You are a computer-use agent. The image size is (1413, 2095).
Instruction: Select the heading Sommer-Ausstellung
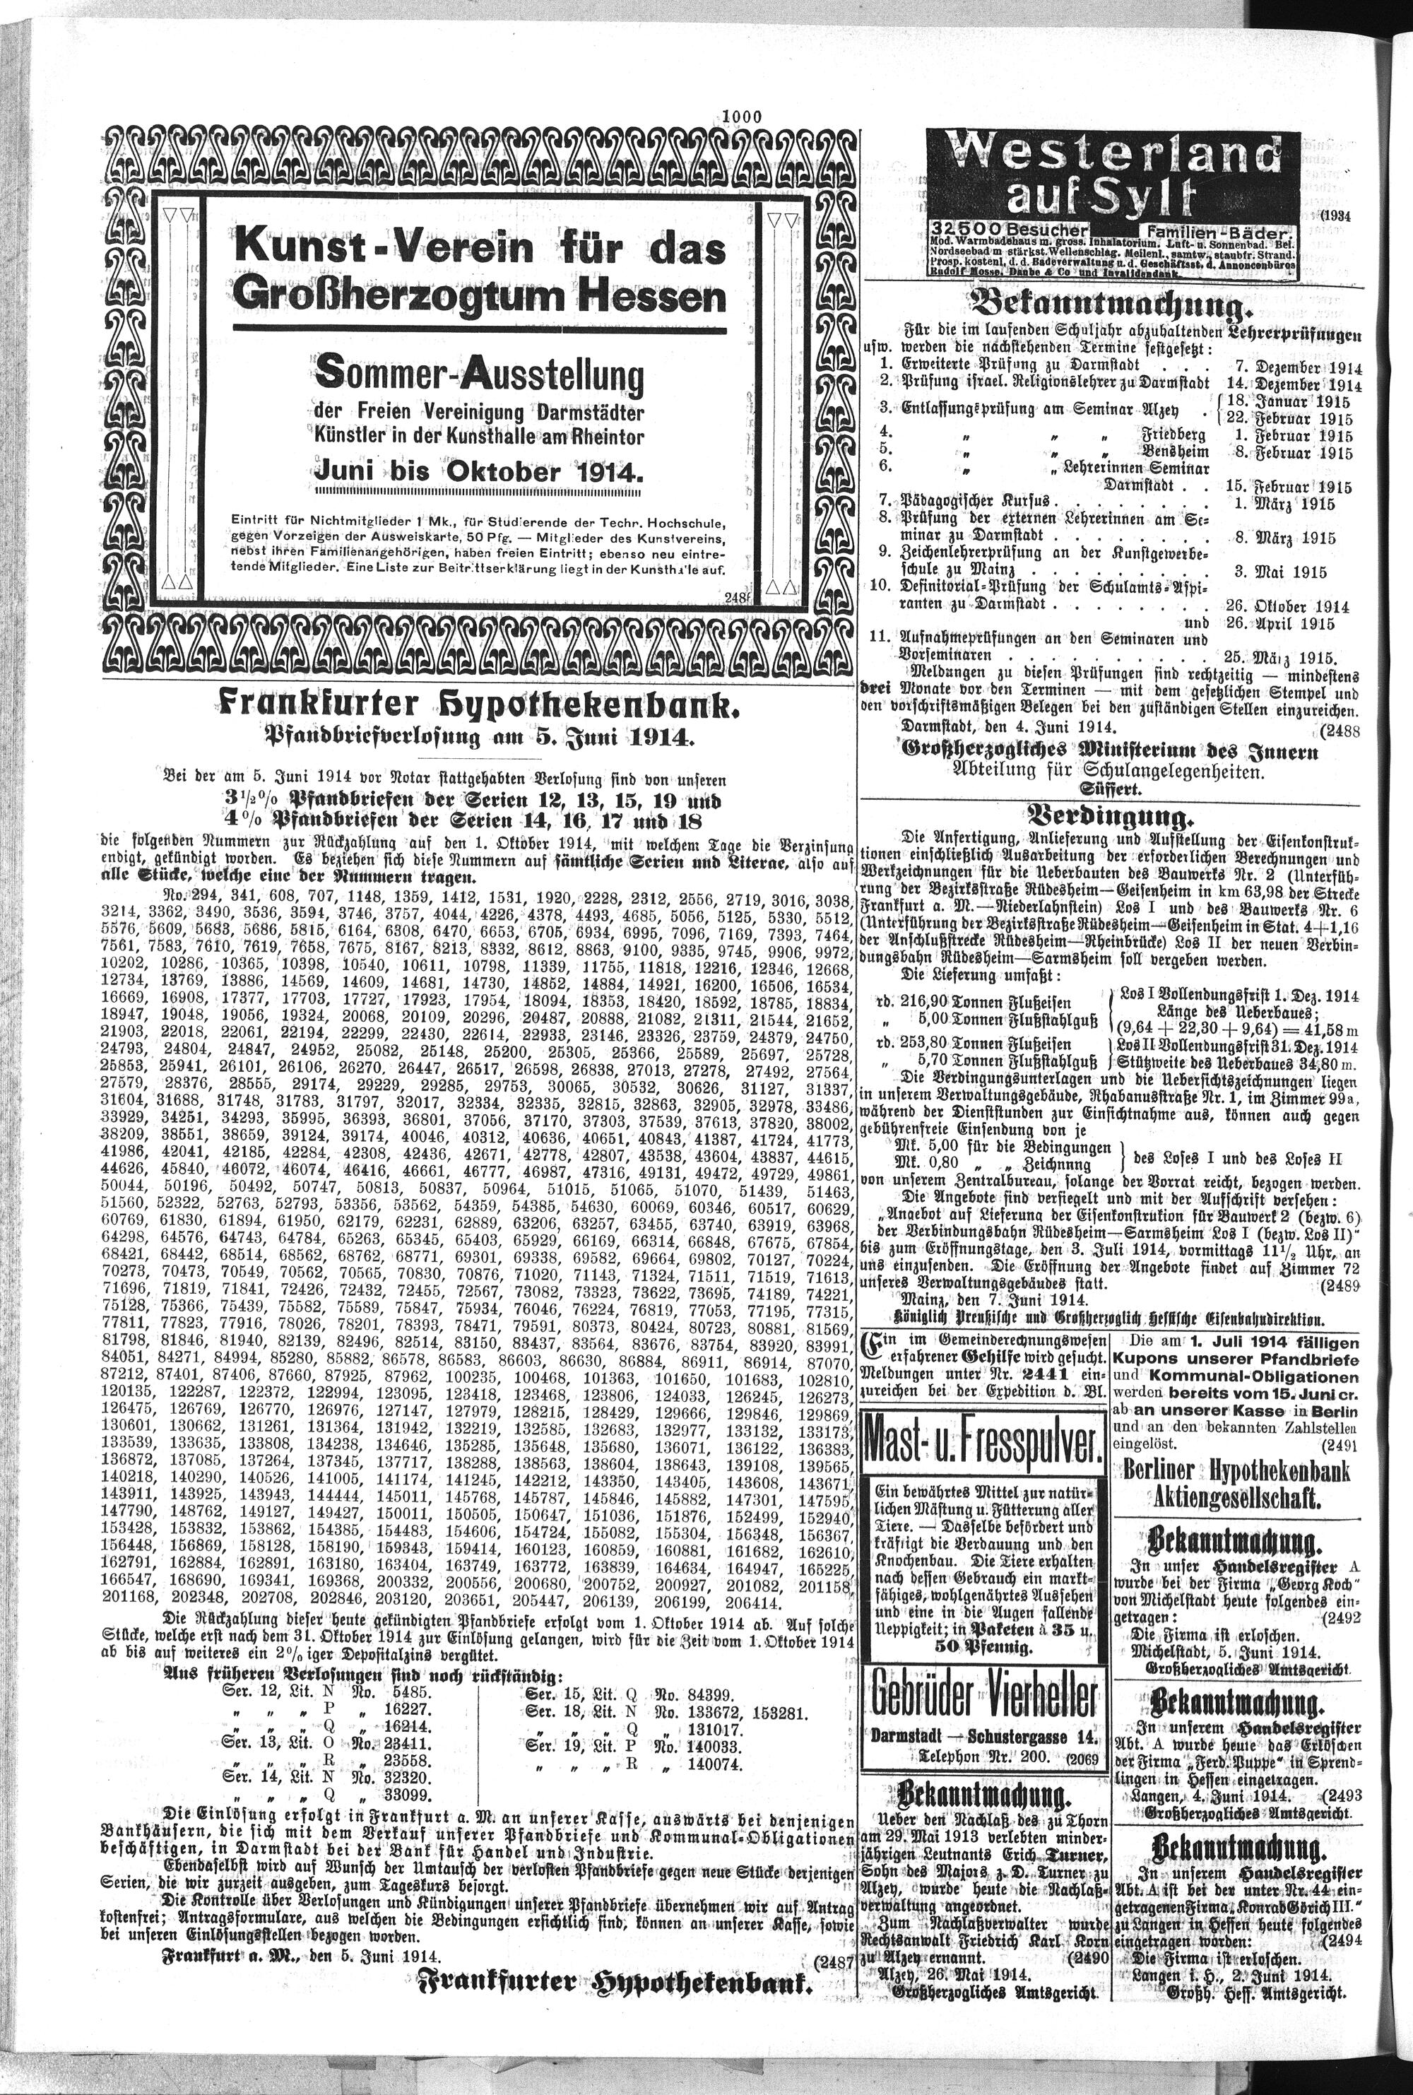(478, 374)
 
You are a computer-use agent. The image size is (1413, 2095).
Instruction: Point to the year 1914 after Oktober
(605, 472)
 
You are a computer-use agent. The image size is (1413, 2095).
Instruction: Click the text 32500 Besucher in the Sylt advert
(1010, 230)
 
